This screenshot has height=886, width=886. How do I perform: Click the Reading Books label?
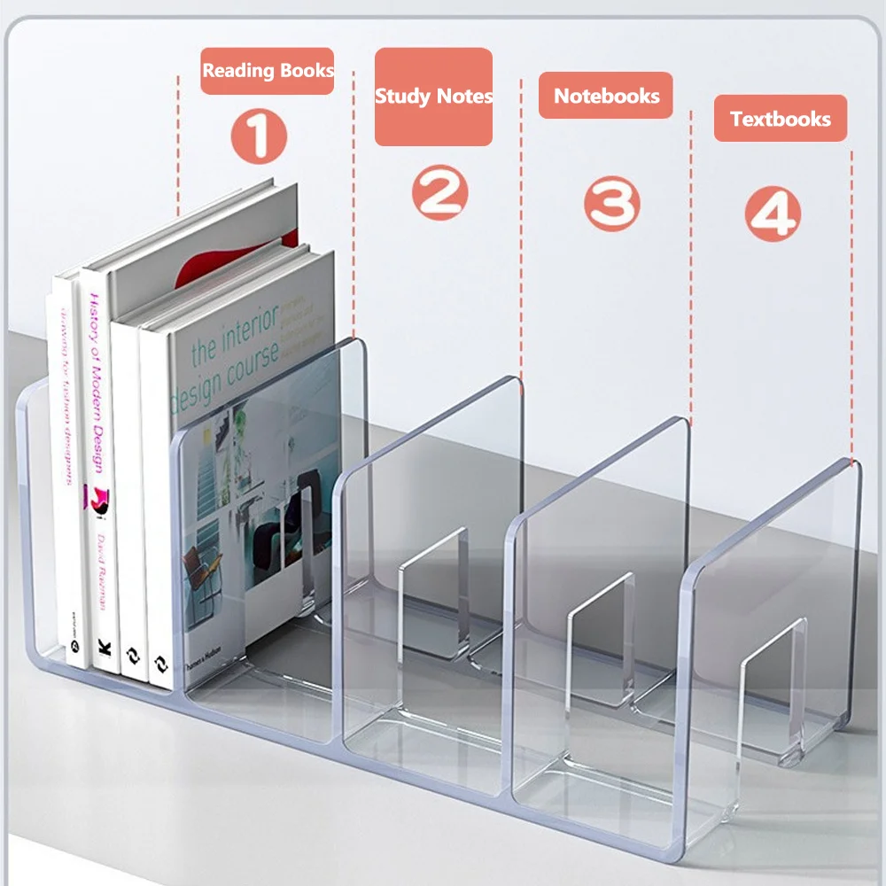(x=268, y=71)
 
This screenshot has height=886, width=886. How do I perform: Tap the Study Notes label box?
(x=433, y=97)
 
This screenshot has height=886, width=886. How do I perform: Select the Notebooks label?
(x=606, y=96)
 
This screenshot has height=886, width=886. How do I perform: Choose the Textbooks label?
(x=781, y=119)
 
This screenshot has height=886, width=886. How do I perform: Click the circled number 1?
(x=260, y=136)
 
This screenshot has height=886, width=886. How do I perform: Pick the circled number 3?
(x=611, y=204)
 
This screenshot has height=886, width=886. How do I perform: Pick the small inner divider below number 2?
(x=434, y=594)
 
